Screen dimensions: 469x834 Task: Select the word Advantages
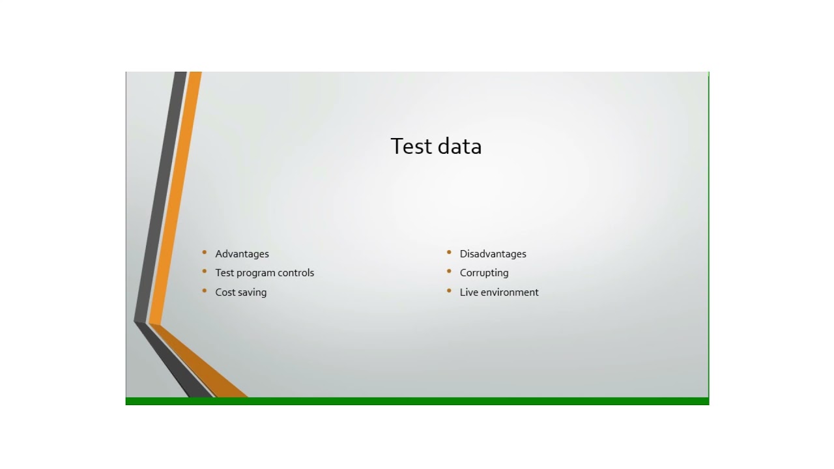[242, 254]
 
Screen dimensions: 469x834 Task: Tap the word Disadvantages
[493, 254]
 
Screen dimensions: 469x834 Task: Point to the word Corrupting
[484, 273]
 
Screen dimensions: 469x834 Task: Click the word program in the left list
[256, 274]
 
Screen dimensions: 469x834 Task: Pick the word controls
[296, 273]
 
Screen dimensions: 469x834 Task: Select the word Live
[468, 292]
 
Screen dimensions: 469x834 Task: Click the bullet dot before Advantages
[205, 252]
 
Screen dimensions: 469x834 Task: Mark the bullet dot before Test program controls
[205, 272]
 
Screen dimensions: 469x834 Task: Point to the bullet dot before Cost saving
[205, 291]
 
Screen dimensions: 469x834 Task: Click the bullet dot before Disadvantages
[449, 252]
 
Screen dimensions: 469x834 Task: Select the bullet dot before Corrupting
[449, 272]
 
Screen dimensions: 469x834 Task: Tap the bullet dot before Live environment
[449, 291]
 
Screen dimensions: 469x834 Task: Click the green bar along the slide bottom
[417, 401]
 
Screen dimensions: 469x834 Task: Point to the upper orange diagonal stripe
[176, 195]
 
